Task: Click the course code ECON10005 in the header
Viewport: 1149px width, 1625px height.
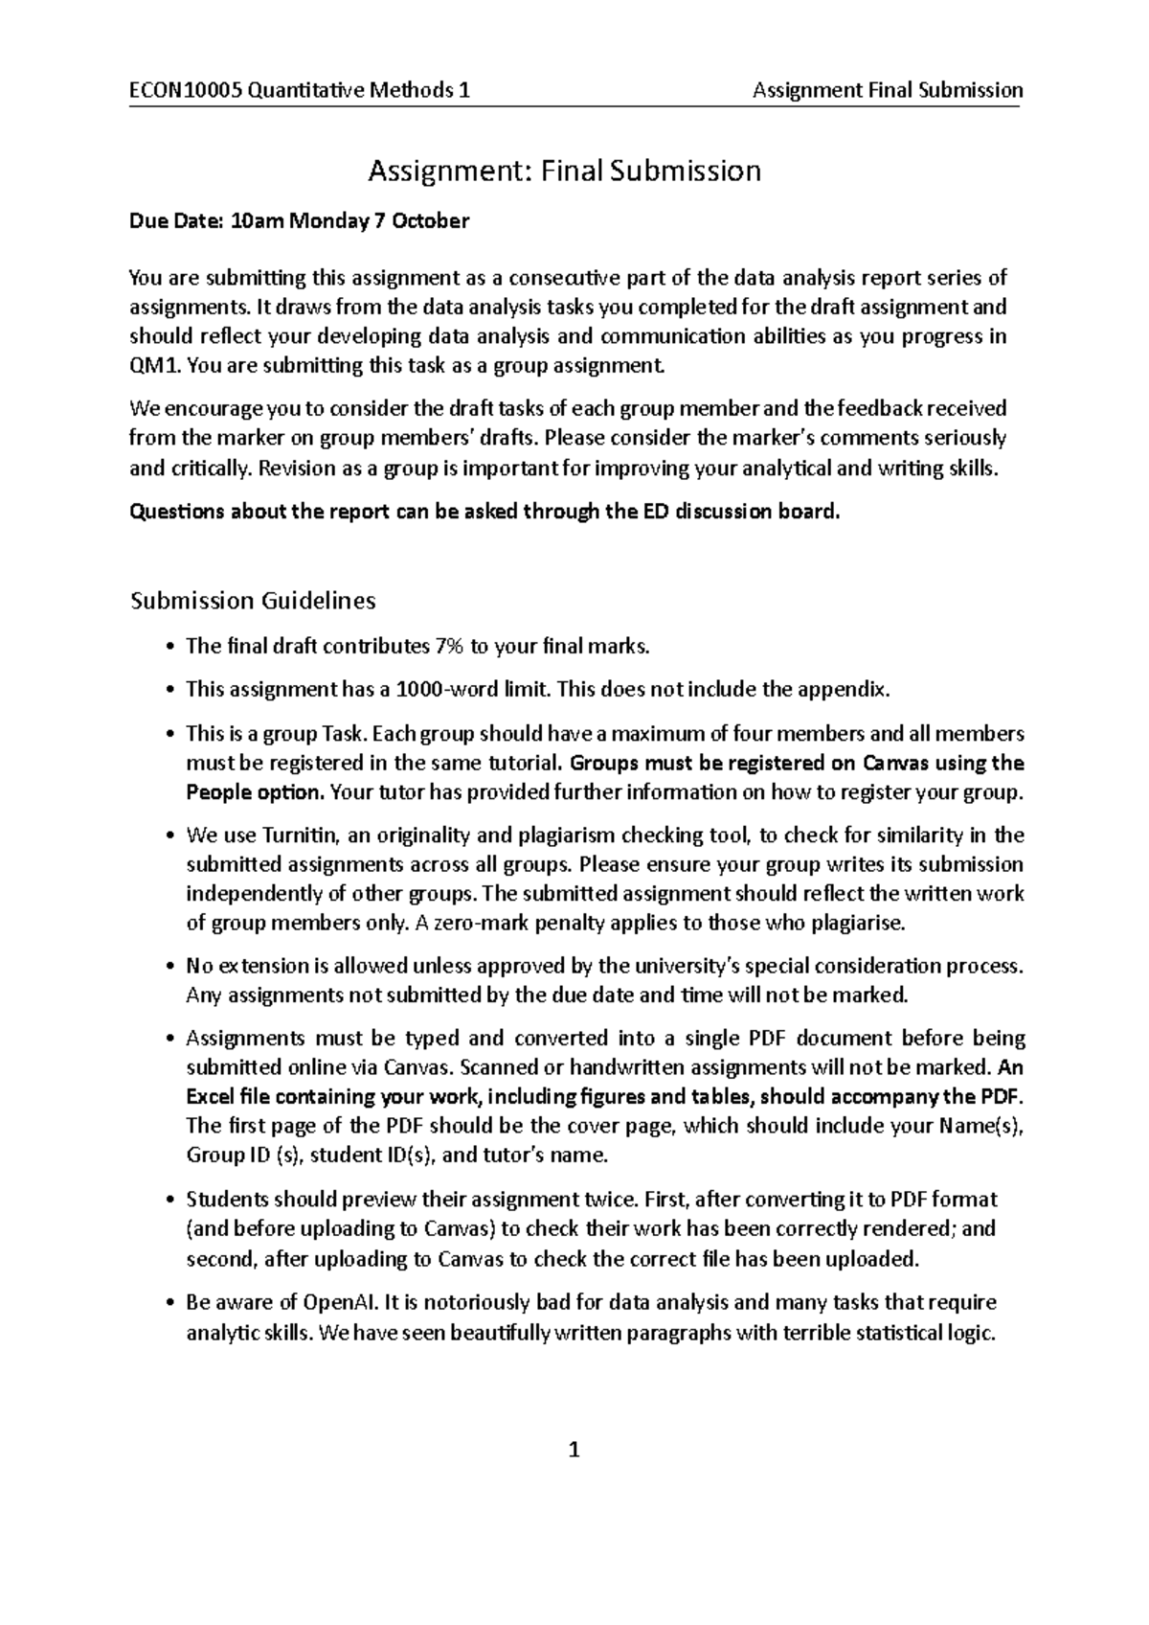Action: (185, 91)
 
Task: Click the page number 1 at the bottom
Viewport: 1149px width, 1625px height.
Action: (574, 1450)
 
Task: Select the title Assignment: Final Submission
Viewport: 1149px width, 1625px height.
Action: (565, 172)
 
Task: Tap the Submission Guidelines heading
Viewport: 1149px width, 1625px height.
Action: (253, 601)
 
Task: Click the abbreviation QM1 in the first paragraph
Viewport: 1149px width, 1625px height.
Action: (151, 365)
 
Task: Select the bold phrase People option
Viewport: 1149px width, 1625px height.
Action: (256, 792)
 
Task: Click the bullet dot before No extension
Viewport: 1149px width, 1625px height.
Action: (169, 966)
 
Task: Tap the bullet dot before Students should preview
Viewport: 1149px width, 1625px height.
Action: (169, 1200)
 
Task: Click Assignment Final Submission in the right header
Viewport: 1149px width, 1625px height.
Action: (888, 91)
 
